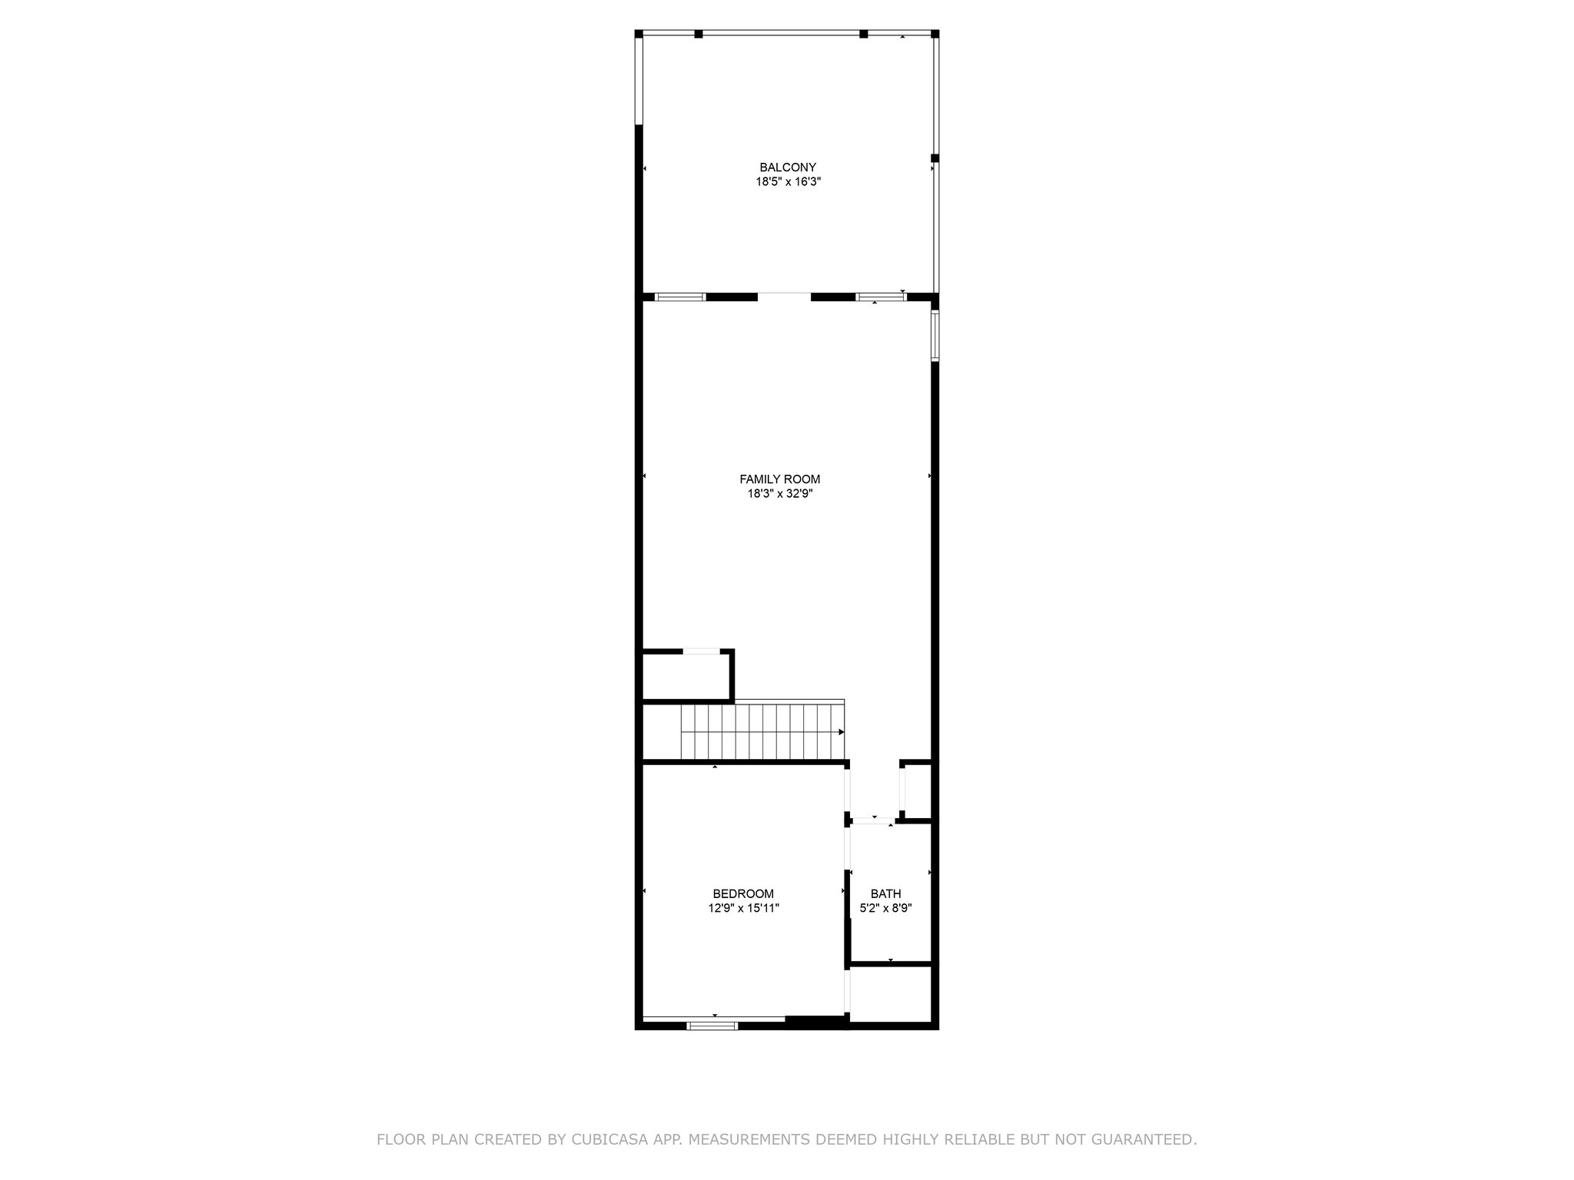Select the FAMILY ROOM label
click(779, 479)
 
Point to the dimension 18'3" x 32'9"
click(779, 494)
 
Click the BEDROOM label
click(743, 893)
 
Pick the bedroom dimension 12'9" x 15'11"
click(743, 908)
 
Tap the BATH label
click(885, 893)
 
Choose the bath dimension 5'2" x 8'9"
click(885, 908)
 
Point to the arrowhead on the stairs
click(842, 732)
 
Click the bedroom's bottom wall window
click(712, 1025)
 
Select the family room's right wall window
click(935, 336)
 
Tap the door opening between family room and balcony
click(784, 297)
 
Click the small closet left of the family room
click(686, 676)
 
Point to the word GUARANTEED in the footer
click(1147, 1139)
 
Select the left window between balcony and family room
click(680, 297)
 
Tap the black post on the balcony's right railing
click(935, 158)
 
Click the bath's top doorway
click(872, 821)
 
